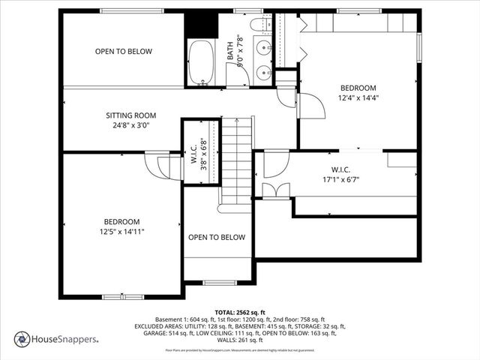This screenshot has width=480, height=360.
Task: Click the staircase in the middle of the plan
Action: pyautogui.click(x=238, y=161)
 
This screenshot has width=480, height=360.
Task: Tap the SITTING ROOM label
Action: pyautogui.click(x=130, y=115)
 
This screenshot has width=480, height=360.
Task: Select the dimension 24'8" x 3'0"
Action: pyautogui.click(x=130, y=125)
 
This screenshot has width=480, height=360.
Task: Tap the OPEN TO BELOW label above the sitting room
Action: pyautogui.click(x=123, y=52)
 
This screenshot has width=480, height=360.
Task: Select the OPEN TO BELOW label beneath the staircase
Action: pyautogui.click(x=216, y=238)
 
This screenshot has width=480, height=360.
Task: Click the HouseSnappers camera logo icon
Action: pyautogui.click(x=21, y=339)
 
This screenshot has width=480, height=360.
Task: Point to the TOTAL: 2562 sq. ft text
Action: pyautogui.click(x=240, y=311)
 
